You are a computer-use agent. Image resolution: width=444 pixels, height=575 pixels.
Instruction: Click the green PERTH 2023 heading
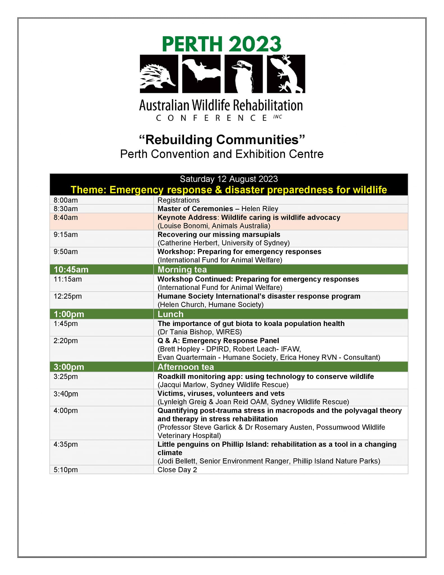tap(222, 44)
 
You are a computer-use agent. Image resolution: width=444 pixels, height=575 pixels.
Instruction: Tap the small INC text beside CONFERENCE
tap(278, 117)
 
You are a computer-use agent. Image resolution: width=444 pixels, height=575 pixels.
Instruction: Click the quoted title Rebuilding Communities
tap(222, 140)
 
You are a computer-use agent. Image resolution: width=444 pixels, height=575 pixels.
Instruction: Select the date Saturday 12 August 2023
tap(229, 179)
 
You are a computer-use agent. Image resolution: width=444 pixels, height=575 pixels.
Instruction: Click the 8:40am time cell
tap(66, 218)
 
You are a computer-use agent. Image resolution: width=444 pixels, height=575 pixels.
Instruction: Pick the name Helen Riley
tap(260, 209)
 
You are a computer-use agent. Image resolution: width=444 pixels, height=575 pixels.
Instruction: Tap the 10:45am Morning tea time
tap(71, 270)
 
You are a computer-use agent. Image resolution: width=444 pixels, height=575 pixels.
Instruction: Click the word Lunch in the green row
tap(170, 314)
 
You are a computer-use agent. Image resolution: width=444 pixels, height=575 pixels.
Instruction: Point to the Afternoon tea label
tap(186, 367)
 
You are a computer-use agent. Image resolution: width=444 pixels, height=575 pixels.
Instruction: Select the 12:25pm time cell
tap(68, 296)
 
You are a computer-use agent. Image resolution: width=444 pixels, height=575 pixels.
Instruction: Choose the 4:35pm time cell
tap(66, 444)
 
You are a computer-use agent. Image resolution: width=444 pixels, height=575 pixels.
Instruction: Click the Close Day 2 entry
tap(177, 470)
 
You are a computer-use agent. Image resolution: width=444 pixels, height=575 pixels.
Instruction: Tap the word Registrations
tap(179, 200)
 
